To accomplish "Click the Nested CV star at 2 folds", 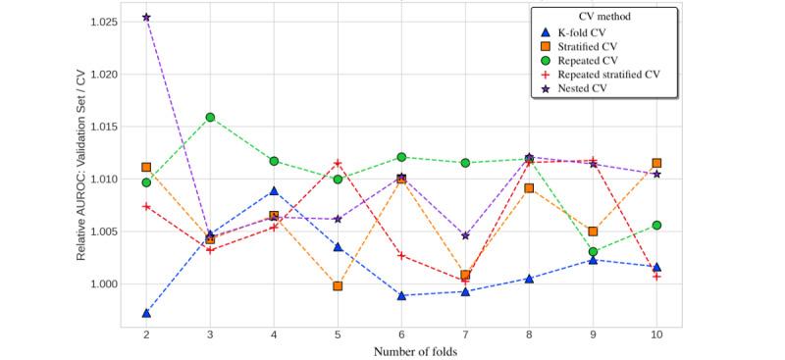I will pyautogui.click(x=146, y=18).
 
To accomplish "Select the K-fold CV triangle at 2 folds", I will pyautogui.click(x=146, y=313).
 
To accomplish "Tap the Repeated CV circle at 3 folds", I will pyautogui.click(x=210, y=118).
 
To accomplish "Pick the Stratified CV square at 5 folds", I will pyautogui.click(x=338, y=286).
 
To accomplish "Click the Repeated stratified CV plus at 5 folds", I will pyautogui.click(x=338, y=163).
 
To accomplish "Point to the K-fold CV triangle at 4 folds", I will pyautogui.click(x=274, y=190).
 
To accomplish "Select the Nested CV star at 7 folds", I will pyautogui.click(x=465, y=235).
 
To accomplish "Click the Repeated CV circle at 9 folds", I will pyautogui.click(x=593, y=252).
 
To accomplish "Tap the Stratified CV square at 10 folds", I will pyautogui.click(x=656, y=164).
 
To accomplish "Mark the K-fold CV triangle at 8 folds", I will pyautogui.click(x=529, y=279).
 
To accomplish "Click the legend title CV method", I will pyautogui.click(x=601, y=17).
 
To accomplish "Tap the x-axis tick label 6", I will pyautogui.click(x=401, y=334).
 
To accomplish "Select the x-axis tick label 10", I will pyautogui.click(x=656, y=334).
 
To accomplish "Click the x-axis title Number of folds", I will pyautogui.click(x=401, y=351).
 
